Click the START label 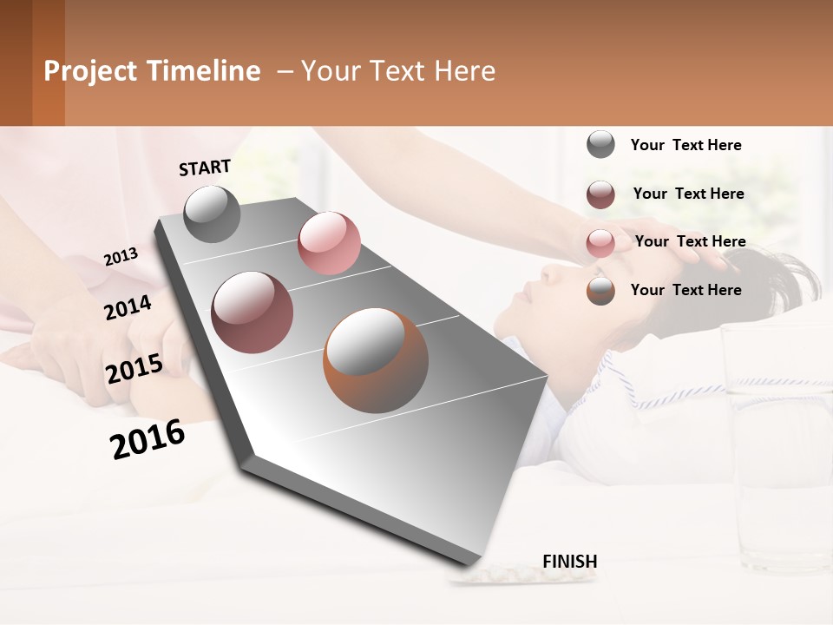(205, 168)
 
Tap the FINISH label (569, 562)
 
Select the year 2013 (121, 256)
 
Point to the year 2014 (128, 308)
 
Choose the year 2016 (148, 439)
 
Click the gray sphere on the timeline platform (212, 214)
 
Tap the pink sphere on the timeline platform (329, 243)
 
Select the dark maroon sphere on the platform (253, 312)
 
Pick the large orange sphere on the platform (376, 360)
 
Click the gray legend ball (600, 145)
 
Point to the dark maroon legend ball (600, 194)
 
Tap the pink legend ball (600, 242)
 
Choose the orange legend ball (600, 291)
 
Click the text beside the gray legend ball (685, 145)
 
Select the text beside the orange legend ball (685, 290)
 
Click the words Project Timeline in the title (152, 71)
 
